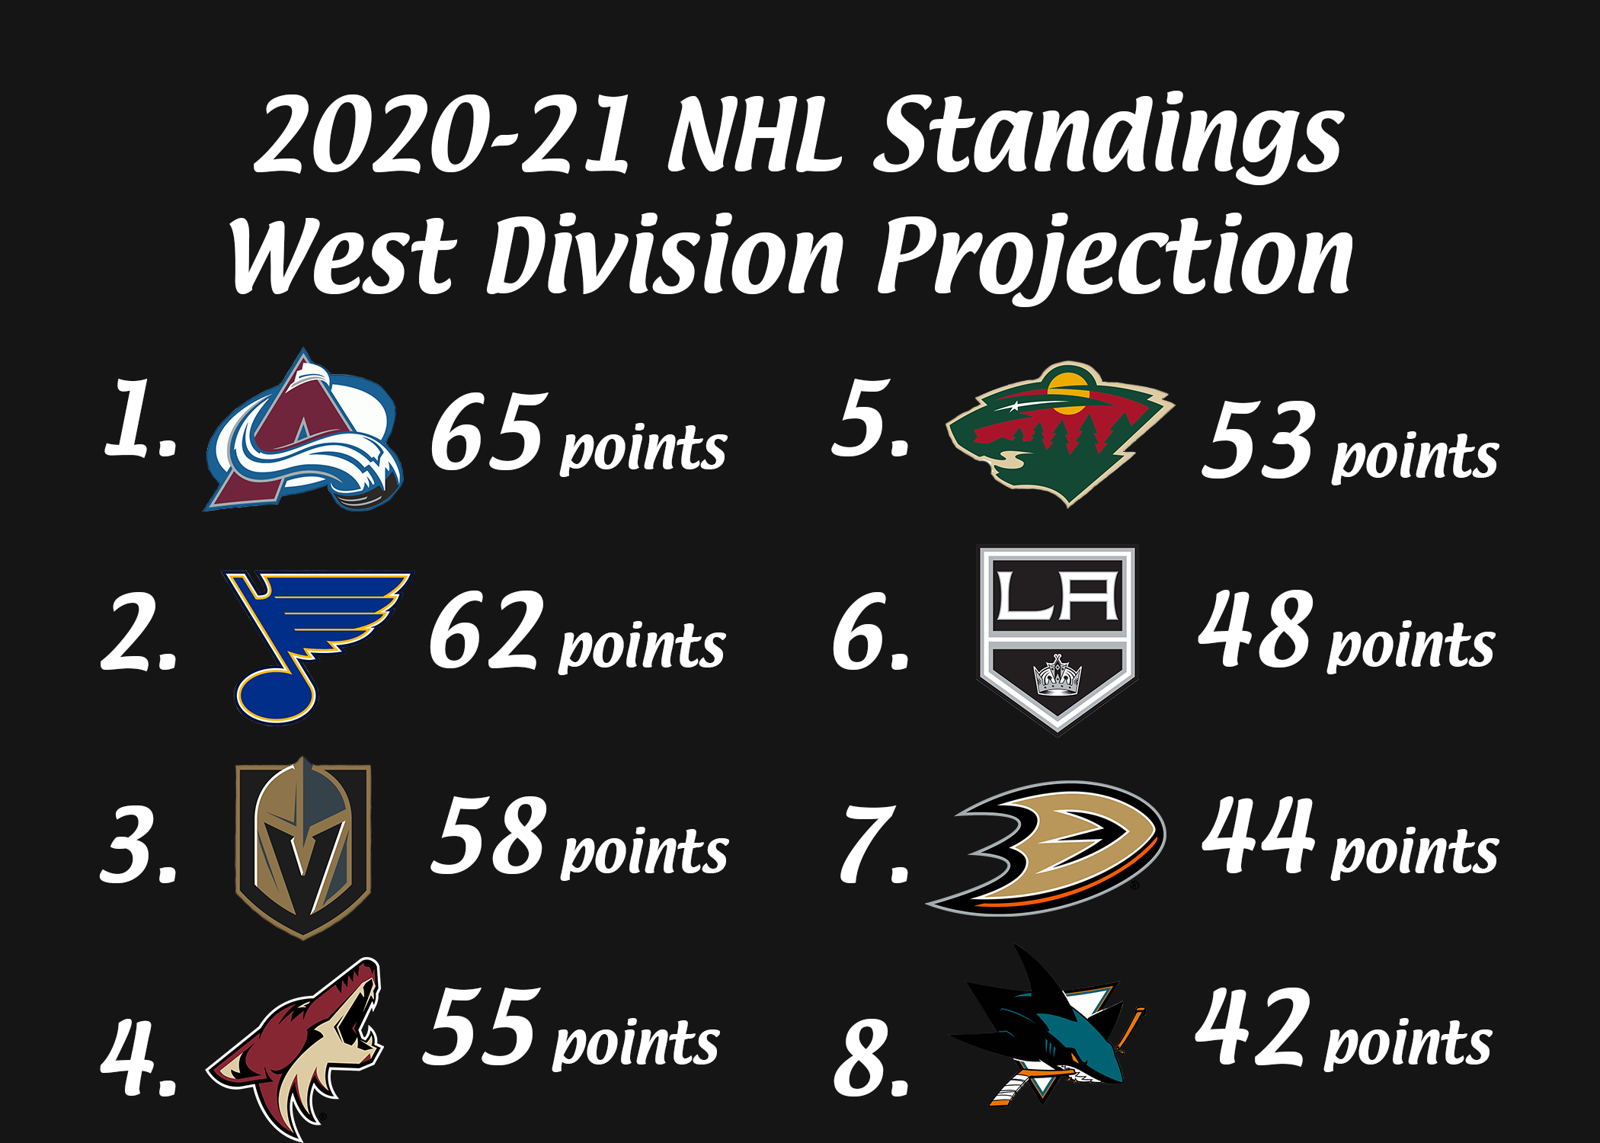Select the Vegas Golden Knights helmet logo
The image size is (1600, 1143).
[303, 847]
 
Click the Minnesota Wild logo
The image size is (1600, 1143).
[1059, 433]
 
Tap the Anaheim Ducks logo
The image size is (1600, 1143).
[1045, 847]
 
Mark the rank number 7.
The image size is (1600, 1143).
[875, 844]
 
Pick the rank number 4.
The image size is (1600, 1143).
[139, 1059]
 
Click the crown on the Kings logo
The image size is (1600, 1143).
[1058, 675]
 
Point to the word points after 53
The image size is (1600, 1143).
[1415, 457]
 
